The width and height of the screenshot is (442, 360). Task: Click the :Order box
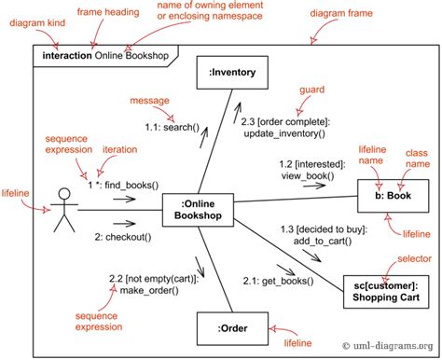point(232,328)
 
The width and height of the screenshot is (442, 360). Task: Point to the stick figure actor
point(63,210)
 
